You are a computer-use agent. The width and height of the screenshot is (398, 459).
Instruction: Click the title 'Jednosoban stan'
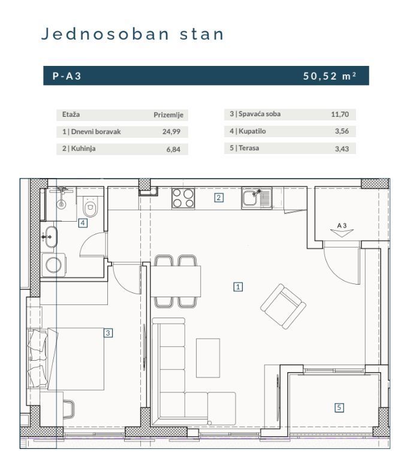tap(132, 34)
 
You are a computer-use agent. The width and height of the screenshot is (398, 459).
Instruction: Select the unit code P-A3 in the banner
tap(67, 76)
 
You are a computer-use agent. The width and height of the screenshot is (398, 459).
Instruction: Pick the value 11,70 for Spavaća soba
tap(339, 114)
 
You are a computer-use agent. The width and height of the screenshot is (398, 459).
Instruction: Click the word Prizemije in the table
tap(168, 114)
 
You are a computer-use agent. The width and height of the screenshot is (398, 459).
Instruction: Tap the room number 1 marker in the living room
tap(238, 287)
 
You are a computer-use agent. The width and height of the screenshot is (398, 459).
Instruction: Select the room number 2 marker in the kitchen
tap(219, 197)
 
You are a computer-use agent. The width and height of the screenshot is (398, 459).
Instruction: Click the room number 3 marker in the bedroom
tap(108, 332)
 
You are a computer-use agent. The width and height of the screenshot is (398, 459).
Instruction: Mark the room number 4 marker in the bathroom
tap(83, 223)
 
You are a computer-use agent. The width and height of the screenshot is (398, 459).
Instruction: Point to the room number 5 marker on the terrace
tap(339, 407)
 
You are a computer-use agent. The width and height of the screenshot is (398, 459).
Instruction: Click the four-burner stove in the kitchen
tap(183, 198)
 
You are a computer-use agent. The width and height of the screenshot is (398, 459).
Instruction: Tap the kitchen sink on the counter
tap(257, 197)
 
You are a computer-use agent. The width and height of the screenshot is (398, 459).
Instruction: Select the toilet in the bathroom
tap(91, 207)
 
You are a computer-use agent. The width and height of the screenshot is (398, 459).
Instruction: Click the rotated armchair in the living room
tap(283, 306)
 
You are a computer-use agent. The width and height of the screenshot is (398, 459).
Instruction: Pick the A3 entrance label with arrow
tap(342, 230)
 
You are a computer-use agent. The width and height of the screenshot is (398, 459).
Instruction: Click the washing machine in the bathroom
tap(53, 264)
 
